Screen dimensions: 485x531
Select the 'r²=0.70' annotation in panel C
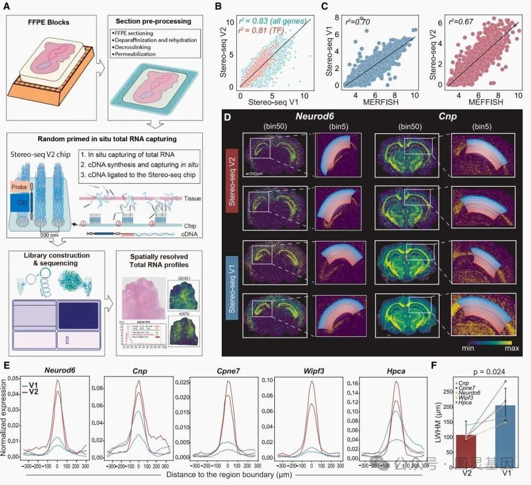358,22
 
